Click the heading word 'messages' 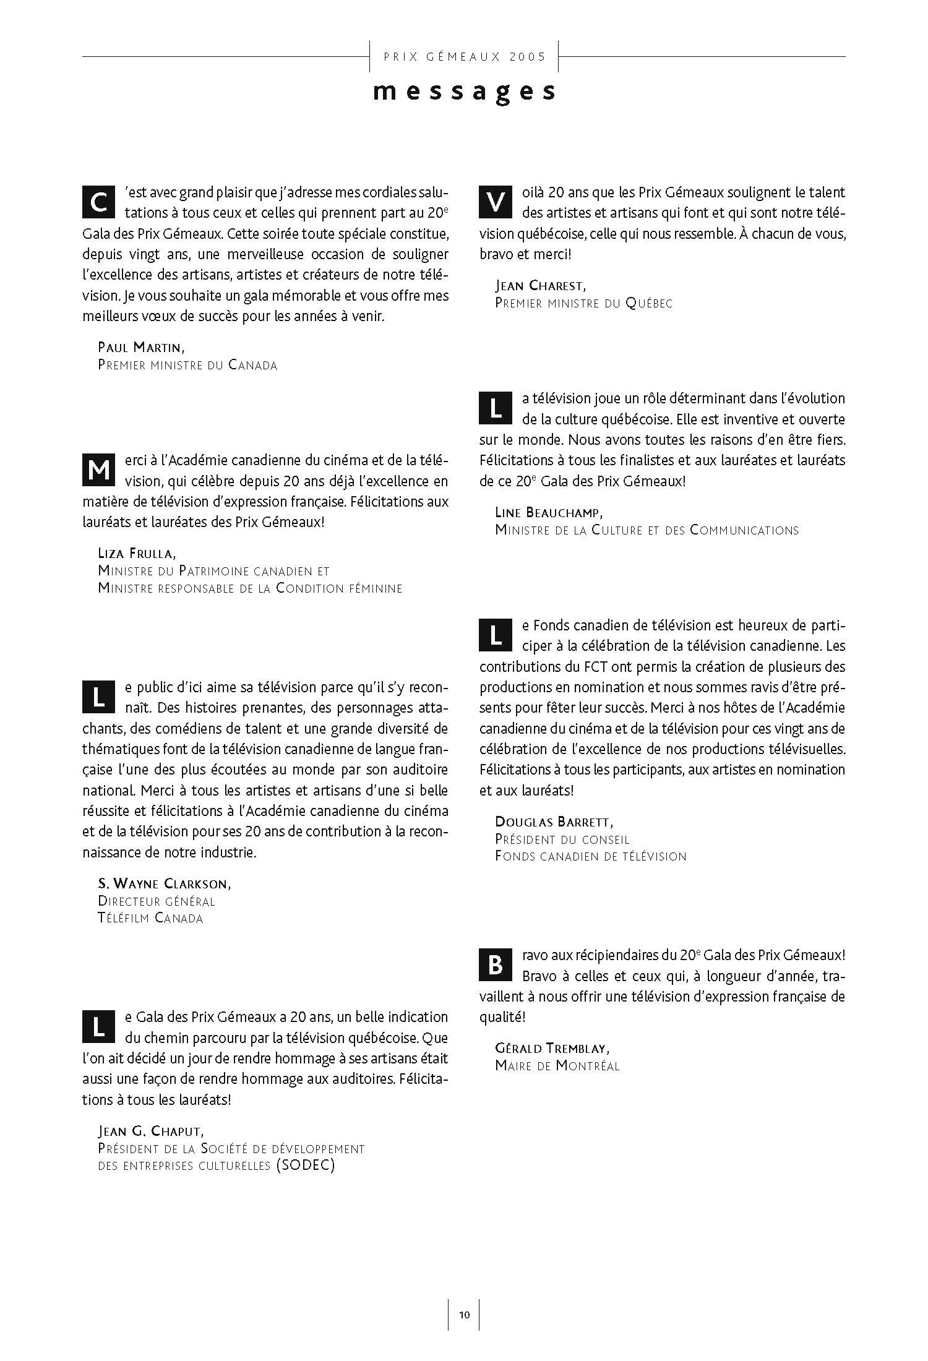click(464, 92)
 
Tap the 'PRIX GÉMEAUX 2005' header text click(465, 57)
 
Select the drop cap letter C click(98, 202)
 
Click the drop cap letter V click(496, 202)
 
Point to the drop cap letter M click(98, 471)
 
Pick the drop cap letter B click(496, 965)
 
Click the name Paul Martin click(141, 348)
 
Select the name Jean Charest click(540, 286)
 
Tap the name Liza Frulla click(137, 553)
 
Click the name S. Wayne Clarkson click(165, 883)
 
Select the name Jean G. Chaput click(150, 1131)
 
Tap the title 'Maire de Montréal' click(557, 1065)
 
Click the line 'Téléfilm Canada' click(150, 918)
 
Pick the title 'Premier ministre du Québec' click(583, 303)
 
